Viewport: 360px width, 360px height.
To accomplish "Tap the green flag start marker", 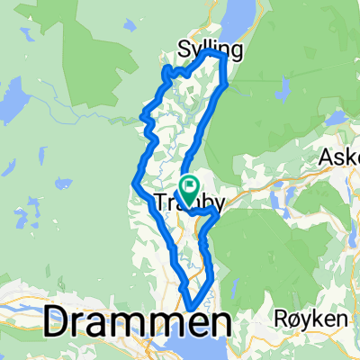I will [190, 186].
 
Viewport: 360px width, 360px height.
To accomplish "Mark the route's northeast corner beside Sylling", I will [221, 56].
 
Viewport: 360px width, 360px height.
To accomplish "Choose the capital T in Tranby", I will [163, 202].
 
